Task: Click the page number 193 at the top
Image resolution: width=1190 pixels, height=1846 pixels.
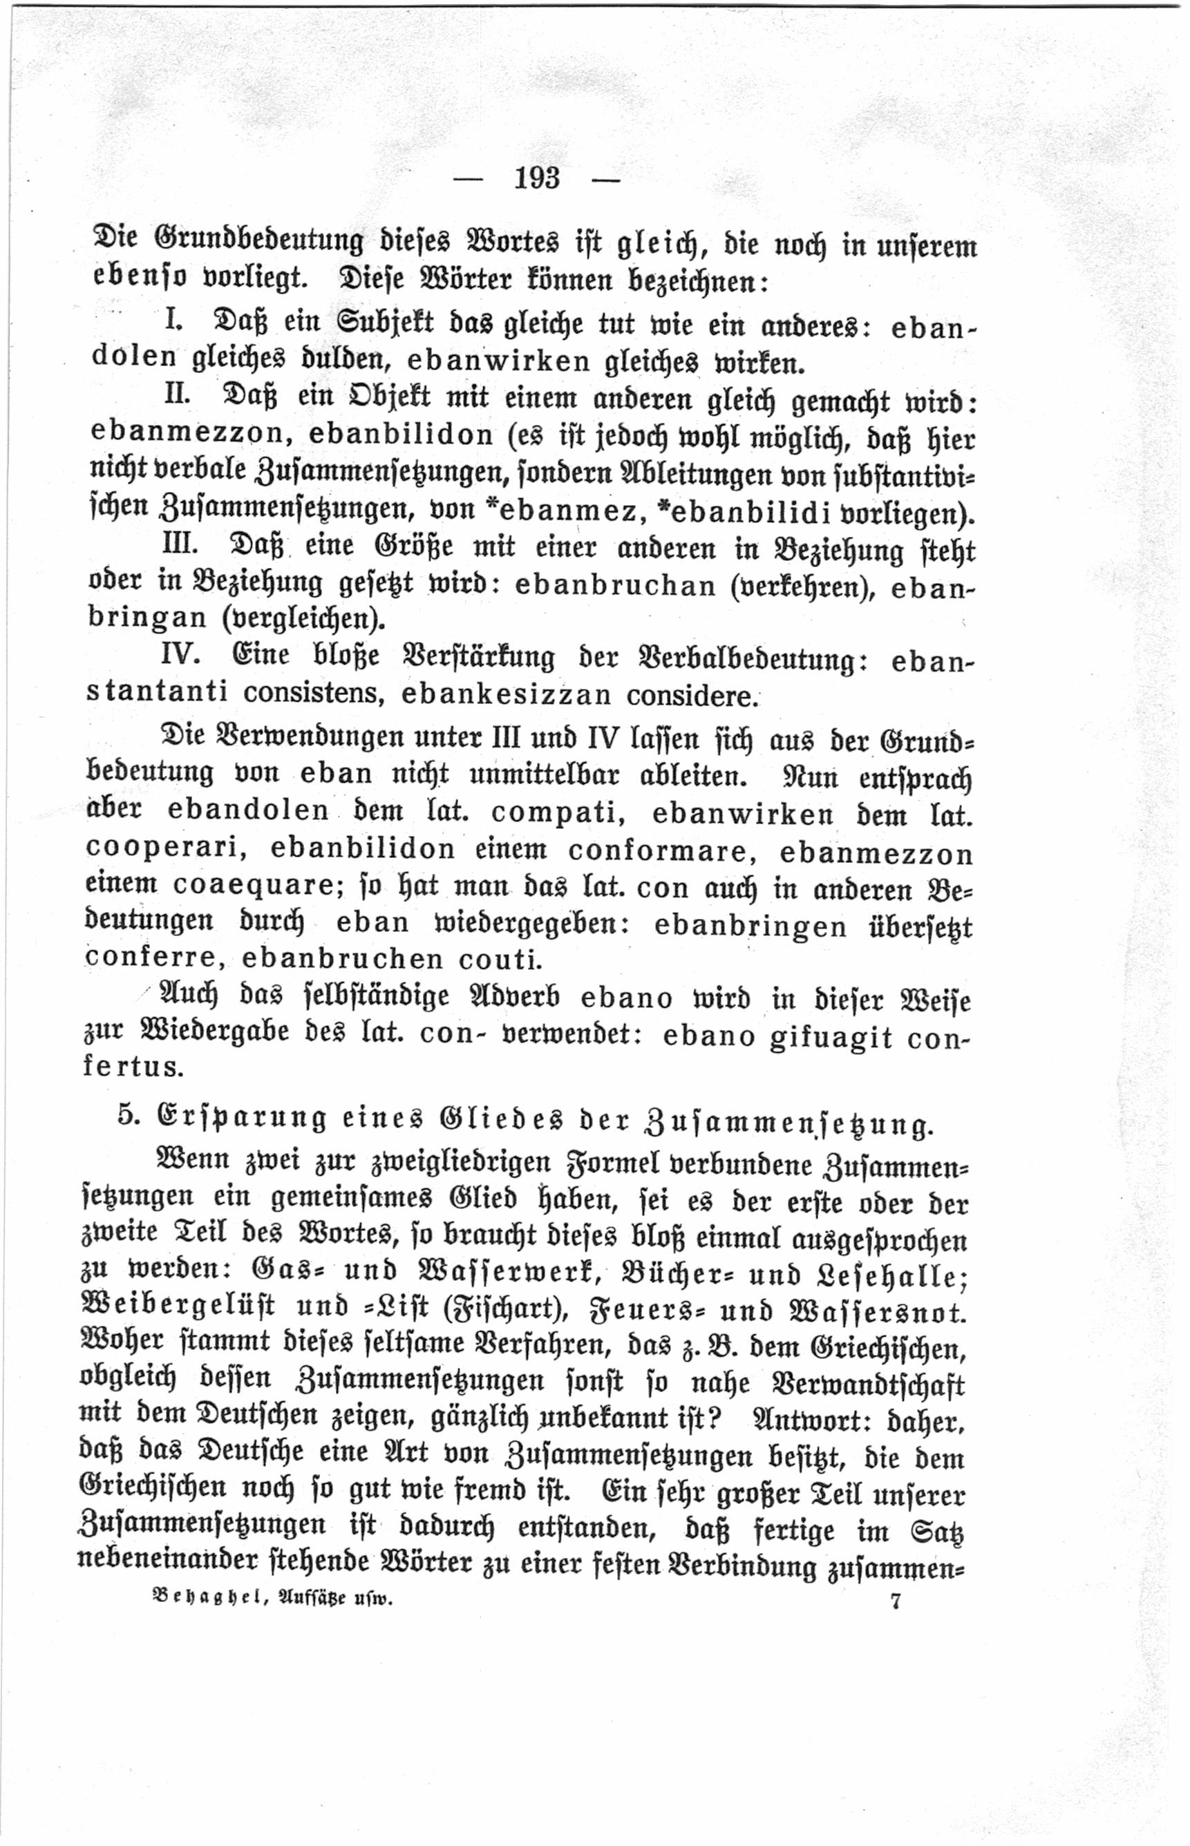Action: pos(537,178)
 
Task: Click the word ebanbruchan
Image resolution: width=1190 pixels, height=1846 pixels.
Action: pos(616,587)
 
